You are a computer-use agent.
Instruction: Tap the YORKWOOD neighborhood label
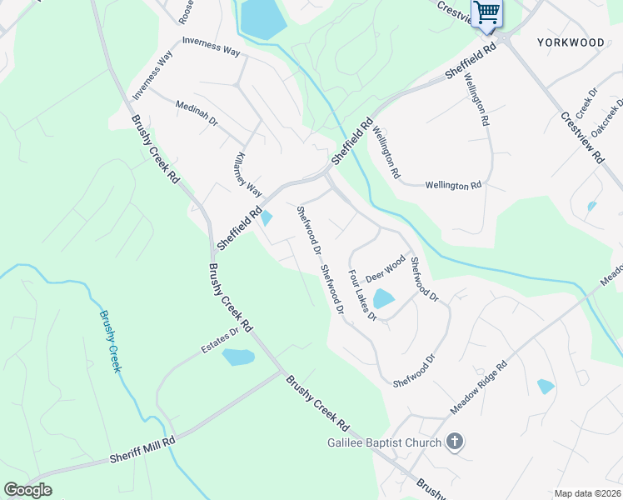tap(571, 41)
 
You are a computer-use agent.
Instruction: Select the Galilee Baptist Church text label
tap(383, 442)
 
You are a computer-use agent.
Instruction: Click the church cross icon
tap(454, 442)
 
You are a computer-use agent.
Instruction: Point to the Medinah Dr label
tap(197, 113)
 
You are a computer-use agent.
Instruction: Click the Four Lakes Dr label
tap(363, 295)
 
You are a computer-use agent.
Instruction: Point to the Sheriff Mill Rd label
tap(142, 450)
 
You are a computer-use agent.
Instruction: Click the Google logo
tap(27, 490)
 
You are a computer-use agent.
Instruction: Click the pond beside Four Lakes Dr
tap(383, 298)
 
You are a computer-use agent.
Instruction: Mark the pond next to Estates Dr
tap(238, 357)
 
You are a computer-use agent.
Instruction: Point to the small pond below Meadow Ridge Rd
tap(546, 386)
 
